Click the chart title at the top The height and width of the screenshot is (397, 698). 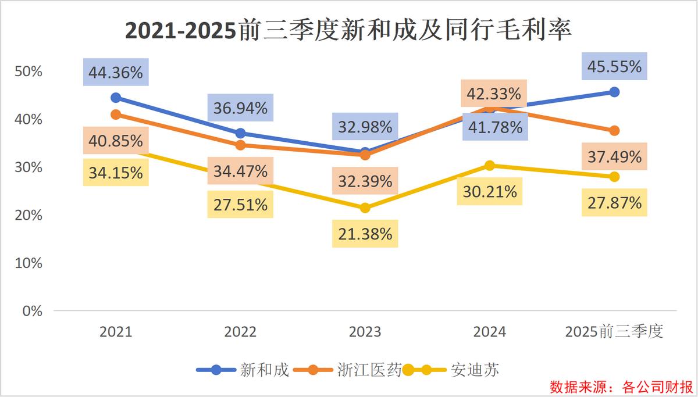(348, 30)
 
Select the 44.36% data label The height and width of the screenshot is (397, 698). (116, 73)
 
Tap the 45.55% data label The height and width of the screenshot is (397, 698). (614, 66)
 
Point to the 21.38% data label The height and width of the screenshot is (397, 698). (365, 234)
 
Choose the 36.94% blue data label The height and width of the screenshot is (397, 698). (240, 108)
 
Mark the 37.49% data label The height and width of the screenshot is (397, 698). (614, 156)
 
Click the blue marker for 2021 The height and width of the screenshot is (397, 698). (116, 98)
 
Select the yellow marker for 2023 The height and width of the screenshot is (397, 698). (365, 208)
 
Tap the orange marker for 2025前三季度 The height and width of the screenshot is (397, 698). (614, 130)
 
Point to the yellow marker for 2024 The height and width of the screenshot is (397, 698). (490, 166)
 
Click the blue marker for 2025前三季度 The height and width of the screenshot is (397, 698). (614, 92)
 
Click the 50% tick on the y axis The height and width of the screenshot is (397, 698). (29, 71)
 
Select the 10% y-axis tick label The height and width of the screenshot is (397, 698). (29, 263)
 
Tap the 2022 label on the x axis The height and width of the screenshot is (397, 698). (240, 332)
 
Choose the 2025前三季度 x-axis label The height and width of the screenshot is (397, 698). (614, 332)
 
